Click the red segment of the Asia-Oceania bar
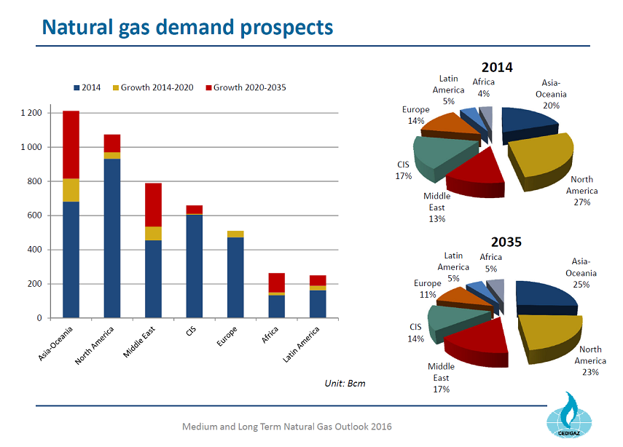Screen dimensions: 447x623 coord(71,144)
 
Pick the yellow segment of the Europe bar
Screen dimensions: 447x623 coord(235,234)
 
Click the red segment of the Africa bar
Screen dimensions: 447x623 coord(276,282)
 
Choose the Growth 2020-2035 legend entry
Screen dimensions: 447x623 coord(245,87)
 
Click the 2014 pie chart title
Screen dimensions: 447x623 coord(497,67)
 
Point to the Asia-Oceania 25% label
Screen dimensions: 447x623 coord(581,272)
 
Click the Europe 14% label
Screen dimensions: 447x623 coord(415,115)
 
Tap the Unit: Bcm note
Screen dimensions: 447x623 coord(344,383)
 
